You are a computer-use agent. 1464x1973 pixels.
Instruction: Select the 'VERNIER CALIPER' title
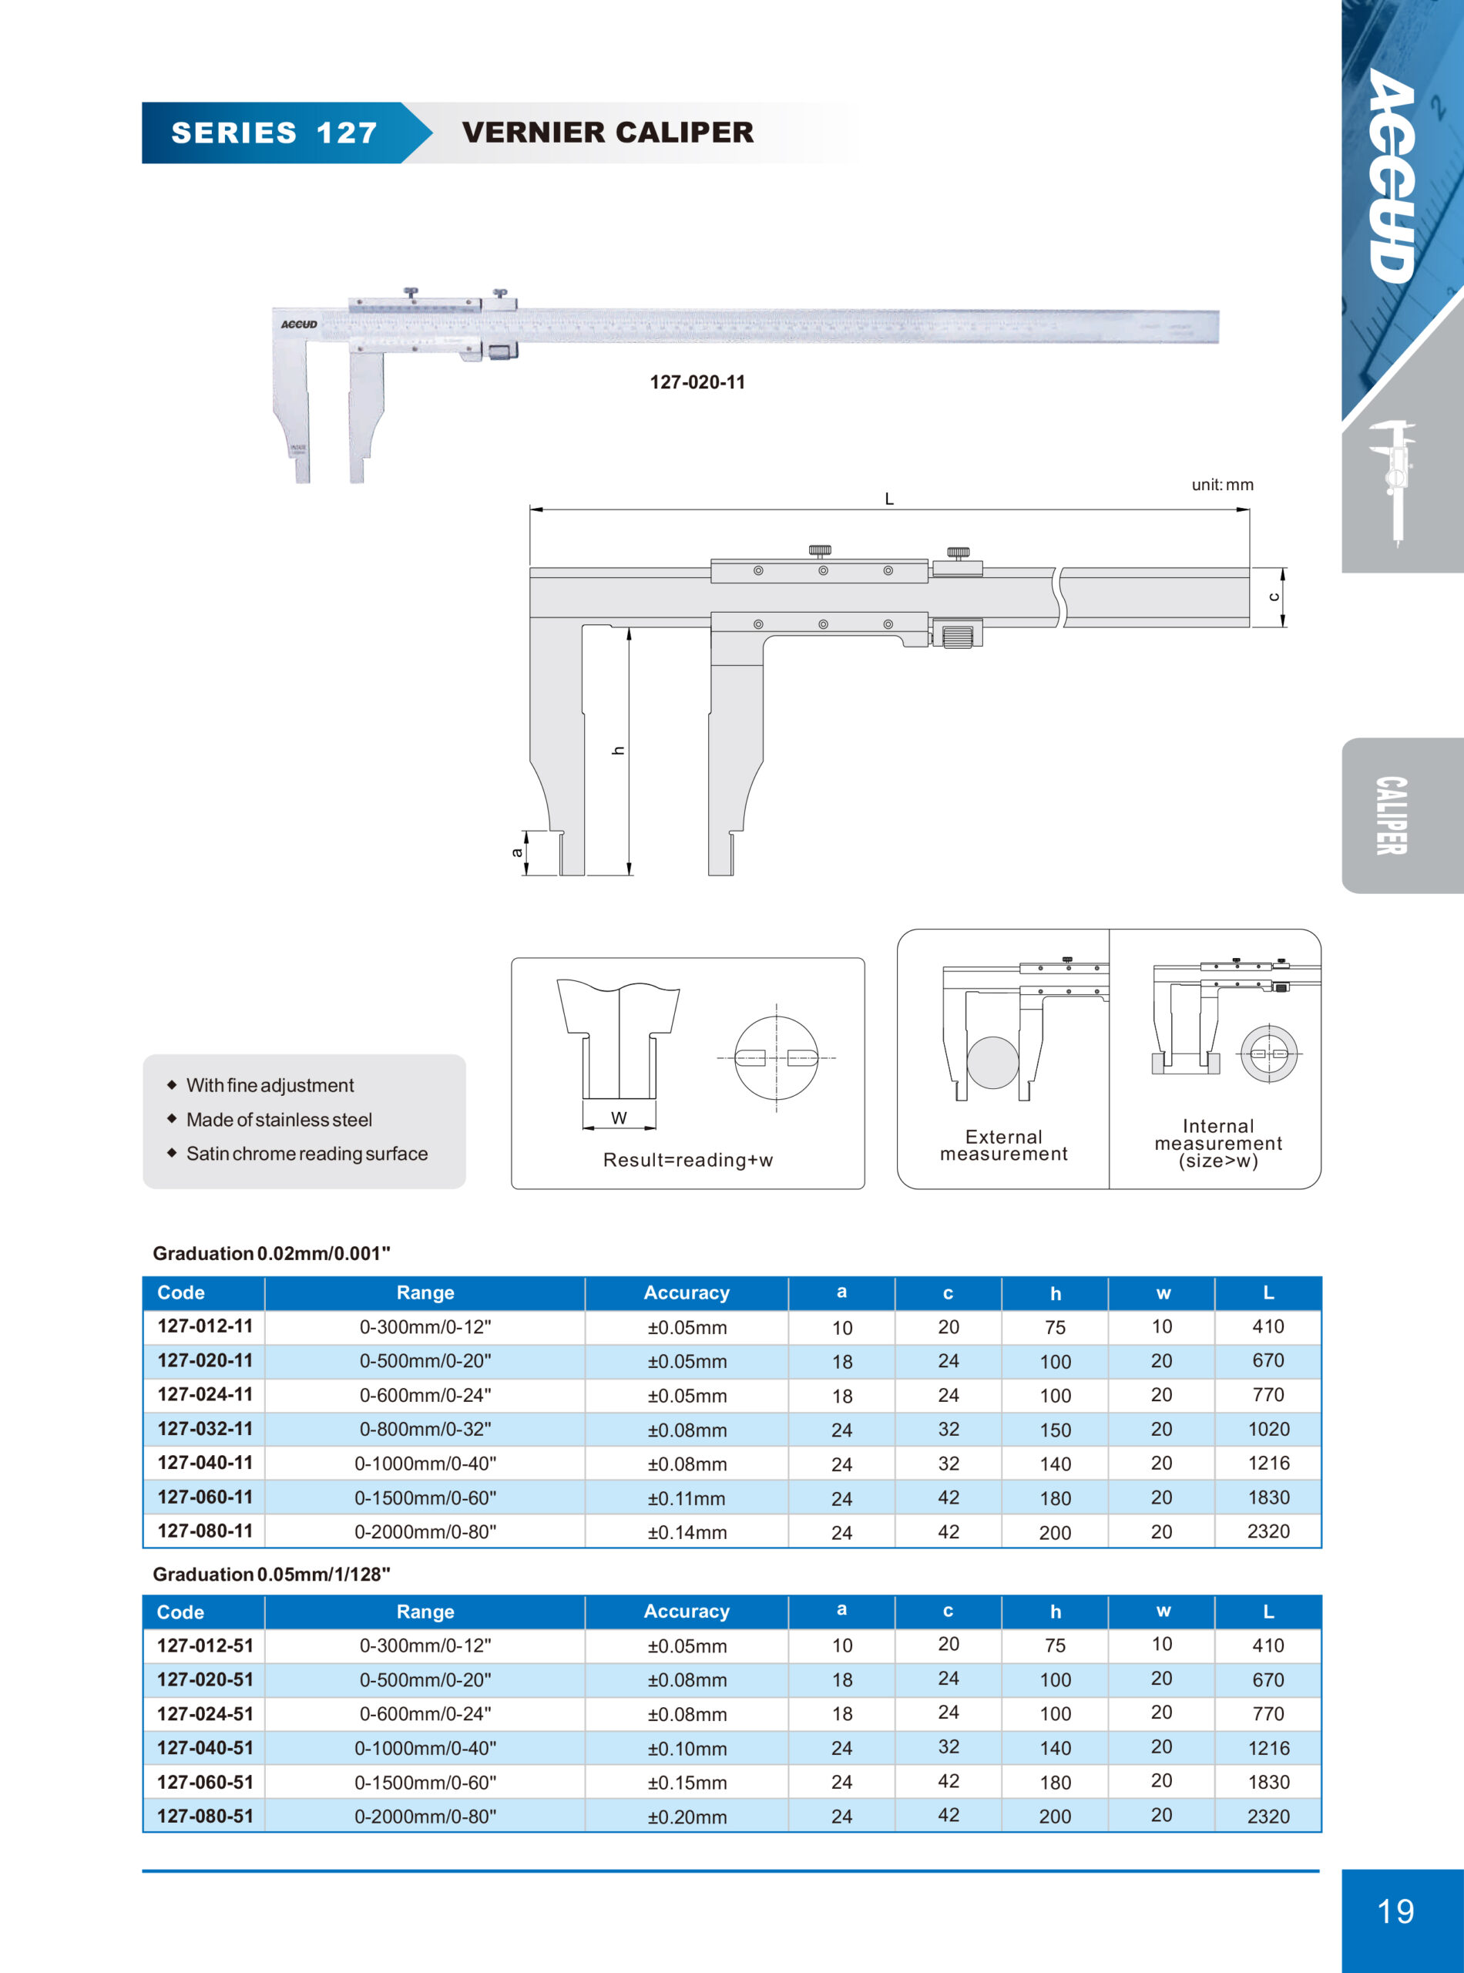click(607, 133)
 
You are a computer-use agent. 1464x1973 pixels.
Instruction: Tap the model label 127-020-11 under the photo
click(697, 382)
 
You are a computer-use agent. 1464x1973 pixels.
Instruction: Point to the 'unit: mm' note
click(1222, 485)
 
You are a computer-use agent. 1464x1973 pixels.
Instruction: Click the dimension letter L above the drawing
click(889, 499)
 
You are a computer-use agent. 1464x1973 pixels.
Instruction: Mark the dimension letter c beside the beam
click(1274, 597)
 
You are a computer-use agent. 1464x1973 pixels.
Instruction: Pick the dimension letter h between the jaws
click(619, 750)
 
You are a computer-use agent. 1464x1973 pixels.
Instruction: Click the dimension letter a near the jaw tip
click(517, 852)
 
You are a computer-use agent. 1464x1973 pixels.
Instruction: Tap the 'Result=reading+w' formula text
click(687, 1159)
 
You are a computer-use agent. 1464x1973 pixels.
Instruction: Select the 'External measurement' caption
click(1003, 1145)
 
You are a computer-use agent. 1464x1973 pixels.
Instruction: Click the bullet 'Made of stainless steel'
click(278, 1120)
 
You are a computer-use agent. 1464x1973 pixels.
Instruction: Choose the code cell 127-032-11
click(205, 1429)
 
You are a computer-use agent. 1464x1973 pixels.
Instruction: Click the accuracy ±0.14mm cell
click(687, 1531)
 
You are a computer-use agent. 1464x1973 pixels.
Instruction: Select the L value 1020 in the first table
click(1268, 1429)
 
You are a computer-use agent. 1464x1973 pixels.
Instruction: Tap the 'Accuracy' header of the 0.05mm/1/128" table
click(687, 1612)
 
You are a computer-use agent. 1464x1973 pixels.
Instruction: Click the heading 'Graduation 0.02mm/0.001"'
click(271, 1253)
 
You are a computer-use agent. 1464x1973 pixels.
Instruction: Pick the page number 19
click(1395, 1911)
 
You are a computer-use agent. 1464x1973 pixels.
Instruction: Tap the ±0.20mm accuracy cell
click(687, 1816)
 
